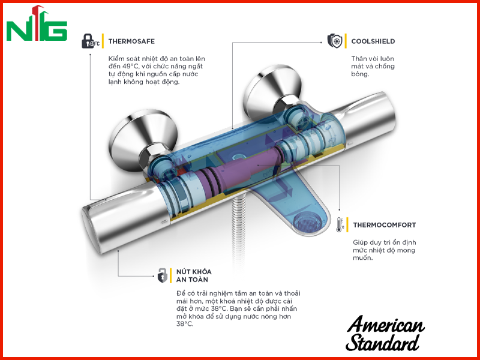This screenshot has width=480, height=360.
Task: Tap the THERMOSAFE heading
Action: (131, 41)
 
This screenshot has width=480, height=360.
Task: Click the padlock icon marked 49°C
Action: (91, 41)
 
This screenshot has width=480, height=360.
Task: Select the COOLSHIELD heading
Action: (373, 41)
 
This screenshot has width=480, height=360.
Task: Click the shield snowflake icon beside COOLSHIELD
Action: (335, 41)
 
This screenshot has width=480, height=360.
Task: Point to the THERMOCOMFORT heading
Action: (385, 225)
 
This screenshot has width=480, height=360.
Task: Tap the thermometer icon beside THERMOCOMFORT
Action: (339, 224)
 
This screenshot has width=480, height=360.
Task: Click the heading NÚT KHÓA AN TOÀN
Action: (194, 275)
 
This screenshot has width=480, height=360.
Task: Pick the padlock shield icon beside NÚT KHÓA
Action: (162, 275)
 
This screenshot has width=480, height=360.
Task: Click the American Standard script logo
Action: (385, 334)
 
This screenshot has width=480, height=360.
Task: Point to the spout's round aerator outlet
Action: (309, 221)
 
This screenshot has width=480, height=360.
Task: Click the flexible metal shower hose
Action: (239, 227)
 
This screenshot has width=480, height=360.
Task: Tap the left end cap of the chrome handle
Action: (91, 229)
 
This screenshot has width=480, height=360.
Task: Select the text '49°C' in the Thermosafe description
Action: (130, 67)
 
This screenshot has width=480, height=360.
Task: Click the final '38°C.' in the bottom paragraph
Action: (185, 324)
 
